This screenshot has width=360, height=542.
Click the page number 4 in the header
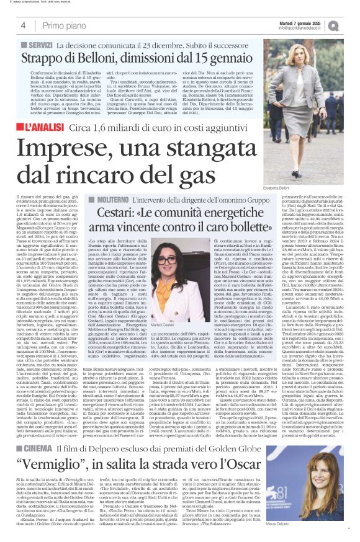(x=22, y=25)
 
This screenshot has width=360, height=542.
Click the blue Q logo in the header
(x=349, y=25)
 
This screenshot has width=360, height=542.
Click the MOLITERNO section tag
(x=112, y=198)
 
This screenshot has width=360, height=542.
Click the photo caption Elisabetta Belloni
(x=276, y=188)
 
